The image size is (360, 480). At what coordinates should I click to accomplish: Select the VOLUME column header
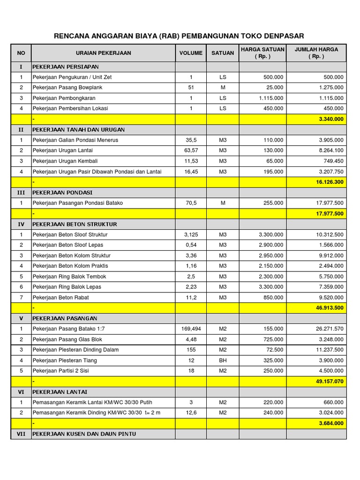coord(191,53)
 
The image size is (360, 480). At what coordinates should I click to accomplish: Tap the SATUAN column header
coord(223,53)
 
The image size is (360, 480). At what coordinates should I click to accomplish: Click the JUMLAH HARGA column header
coord(316,52)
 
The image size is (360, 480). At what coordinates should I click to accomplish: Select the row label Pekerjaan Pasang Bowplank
coord(67,88)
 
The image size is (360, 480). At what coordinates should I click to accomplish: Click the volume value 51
coord(191,88)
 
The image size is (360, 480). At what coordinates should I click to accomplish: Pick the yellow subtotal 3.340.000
coord(331,119)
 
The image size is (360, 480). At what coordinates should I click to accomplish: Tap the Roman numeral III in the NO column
coord(21,193)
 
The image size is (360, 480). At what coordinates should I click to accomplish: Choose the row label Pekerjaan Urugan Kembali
coord(65,161)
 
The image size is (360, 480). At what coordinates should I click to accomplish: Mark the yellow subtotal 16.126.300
coord(330,182)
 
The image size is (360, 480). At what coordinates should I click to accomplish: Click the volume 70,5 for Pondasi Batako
coord(191,203)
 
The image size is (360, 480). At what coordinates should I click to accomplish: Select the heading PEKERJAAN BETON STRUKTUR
coord(75,224)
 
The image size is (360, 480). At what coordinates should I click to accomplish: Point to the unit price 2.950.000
coord(271,255)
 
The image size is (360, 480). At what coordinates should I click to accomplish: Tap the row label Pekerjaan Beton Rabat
coord(60,297)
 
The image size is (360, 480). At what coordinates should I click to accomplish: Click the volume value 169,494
coord(191,329)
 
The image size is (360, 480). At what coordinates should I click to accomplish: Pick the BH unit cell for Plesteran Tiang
coord(223,360)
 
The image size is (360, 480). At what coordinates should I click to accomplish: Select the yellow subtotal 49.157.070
coord(330,381)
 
